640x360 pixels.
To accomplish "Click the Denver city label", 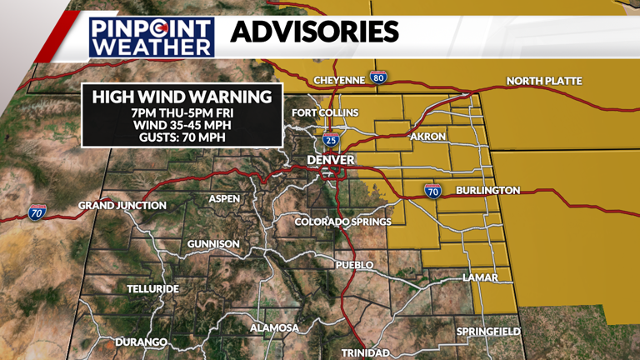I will [331, 160].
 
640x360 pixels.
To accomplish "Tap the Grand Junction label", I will [122, 205].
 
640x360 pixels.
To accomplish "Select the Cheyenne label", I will [339, 80].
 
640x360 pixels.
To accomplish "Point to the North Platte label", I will [544, 81].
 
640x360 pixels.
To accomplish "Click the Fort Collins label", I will [324, 112].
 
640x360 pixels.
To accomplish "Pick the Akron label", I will [428, 137].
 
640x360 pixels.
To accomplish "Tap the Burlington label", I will [487, 191].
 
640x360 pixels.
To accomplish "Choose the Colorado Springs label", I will [342, 222].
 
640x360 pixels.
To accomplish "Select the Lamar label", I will [480, 277].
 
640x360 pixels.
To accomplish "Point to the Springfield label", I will [488, 332].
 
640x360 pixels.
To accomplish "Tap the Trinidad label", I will [365, 352].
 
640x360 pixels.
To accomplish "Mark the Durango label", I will [142, 342].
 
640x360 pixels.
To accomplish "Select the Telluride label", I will [152, 288].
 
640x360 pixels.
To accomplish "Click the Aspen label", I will [223, 198].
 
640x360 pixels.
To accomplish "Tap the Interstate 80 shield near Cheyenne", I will [378, 78].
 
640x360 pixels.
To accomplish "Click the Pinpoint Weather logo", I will [152, 37].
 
